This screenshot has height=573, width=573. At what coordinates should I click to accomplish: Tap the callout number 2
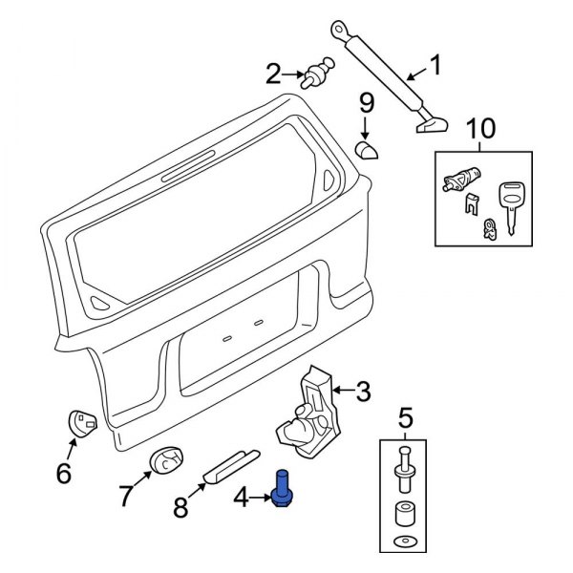[x=274, y=73]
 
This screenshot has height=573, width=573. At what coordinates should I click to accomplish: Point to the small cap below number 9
[x=364, y=150]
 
